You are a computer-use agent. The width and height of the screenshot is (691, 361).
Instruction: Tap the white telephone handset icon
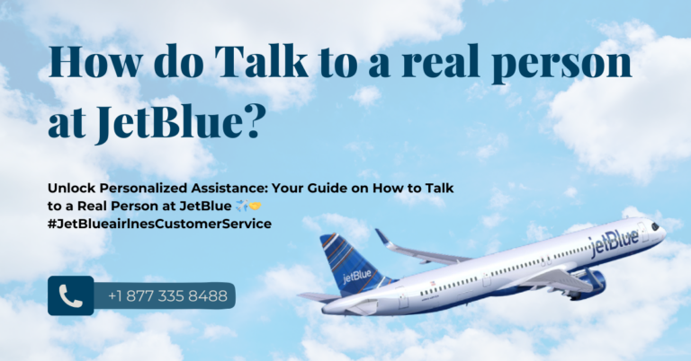[x=70, y=296]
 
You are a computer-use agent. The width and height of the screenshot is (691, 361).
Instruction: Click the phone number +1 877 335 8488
[x=168, y=296]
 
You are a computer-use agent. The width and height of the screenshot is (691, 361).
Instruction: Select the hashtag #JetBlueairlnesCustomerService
[x=159, y=224]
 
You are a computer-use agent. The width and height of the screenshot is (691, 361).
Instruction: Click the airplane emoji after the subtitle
[x=241, y=206]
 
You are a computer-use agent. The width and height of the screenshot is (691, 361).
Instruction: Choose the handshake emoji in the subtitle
[x=256, y=206]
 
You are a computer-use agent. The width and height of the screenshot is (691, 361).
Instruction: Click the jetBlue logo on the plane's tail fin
[x=357, y=277]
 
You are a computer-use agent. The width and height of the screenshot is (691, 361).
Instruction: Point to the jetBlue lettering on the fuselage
[x=615, y=242]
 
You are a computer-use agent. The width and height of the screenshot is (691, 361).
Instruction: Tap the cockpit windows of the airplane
[x=655, y=226]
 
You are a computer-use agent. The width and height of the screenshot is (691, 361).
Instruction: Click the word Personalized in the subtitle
[x=143, y=189]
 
